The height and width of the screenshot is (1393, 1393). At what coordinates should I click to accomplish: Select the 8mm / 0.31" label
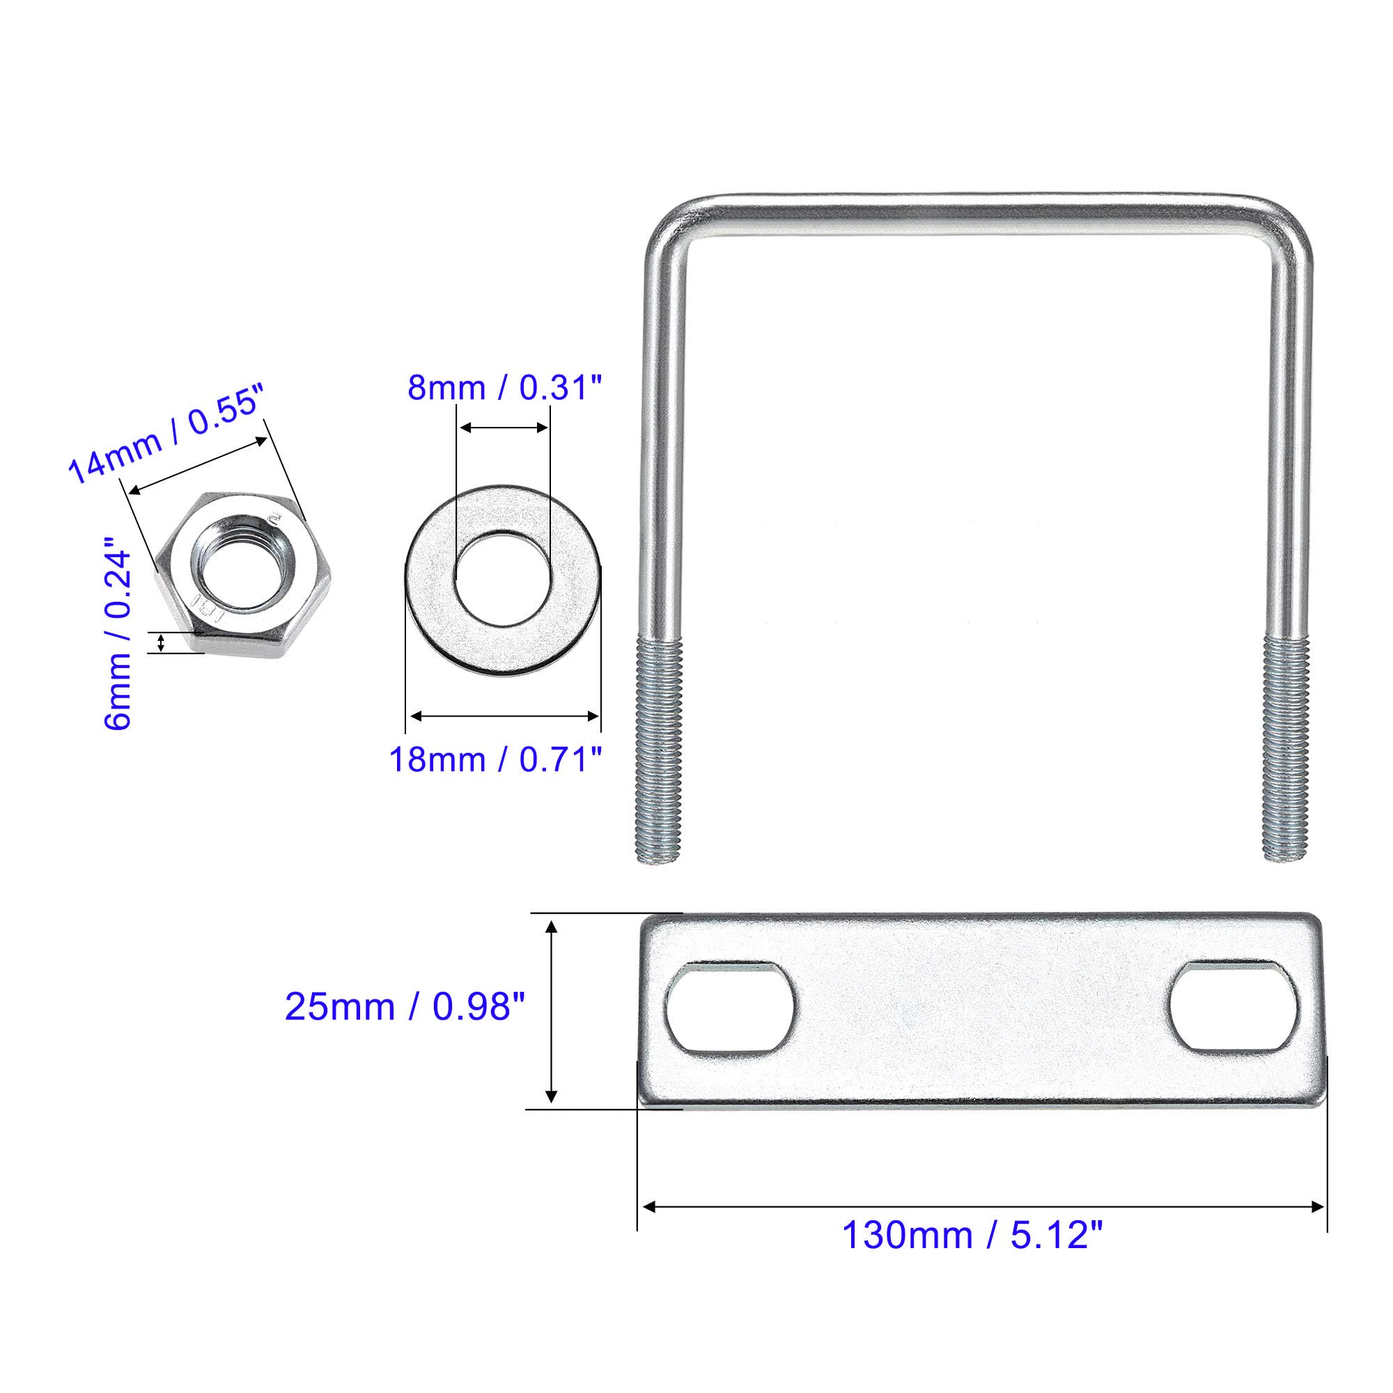coord(504,388)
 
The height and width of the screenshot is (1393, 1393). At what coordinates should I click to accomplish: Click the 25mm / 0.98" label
coord(405,1006)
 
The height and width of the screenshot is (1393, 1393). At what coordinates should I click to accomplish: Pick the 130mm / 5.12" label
coord(972,1235)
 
